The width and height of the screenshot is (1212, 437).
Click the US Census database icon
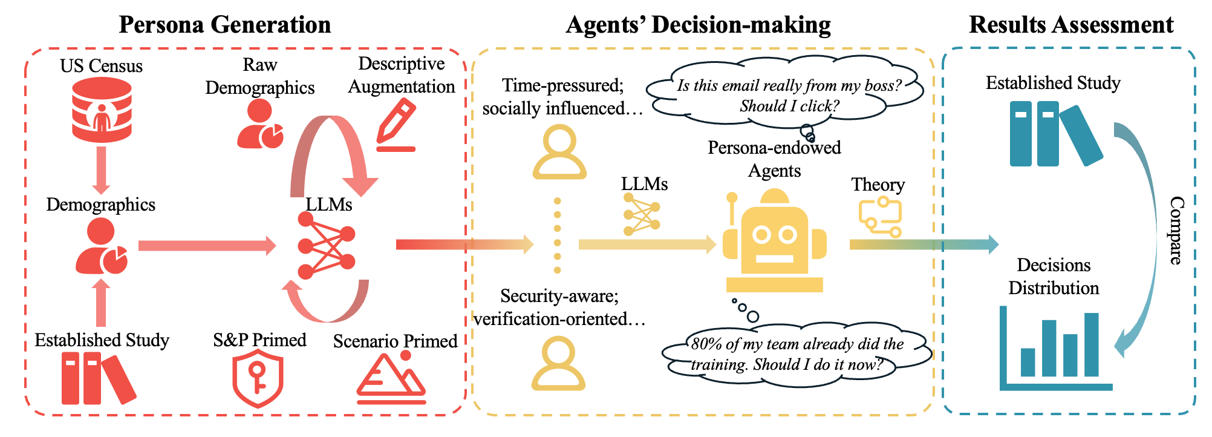pos(102,110)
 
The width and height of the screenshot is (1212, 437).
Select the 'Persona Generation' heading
pos(225,25)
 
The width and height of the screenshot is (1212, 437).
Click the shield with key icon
pos(258,380)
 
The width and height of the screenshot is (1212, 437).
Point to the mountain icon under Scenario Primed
pos(391,378)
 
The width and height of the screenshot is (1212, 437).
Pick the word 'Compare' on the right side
pos(1176,231)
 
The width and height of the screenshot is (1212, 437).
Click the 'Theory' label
pos(878,185)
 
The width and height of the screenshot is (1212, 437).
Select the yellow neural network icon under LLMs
pos(641,215)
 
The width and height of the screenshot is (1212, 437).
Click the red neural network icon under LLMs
pos(327,245)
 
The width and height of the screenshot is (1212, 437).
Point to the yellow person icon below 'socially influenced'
pos(559,153)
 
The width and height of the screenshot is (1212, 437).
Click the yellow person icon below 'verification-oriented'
pos(558,364)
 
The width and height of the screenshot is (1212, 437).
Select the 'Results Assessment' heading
pos(1071,25)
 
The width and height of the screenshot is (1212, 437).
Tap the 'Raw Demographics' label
pos(260,76)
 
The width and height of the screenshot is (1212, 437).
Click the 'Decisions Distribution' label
pos(1054,276)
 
